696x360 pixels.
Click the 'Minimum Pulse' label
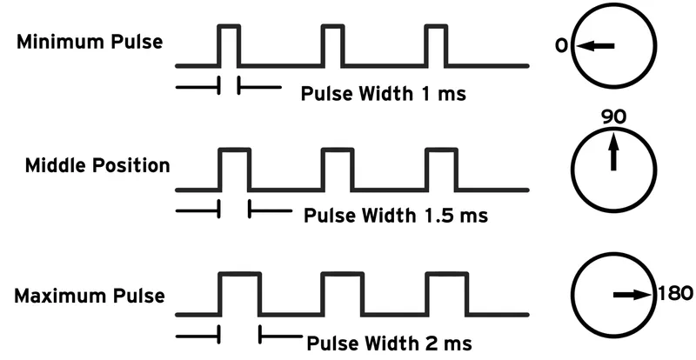click(x=90, y=41)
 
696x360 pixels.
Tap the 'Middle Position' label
click(x=97, y=165)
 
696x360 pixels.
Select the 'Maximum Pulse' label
click(x=90, y=296)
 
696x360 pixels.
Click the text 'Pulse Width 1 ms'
click(x=383, y=94)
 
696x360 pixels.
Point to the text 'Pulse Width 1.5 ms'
click(x=395, y=215)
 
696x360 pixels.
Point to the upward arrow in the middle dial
click(x=614, y=151)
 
